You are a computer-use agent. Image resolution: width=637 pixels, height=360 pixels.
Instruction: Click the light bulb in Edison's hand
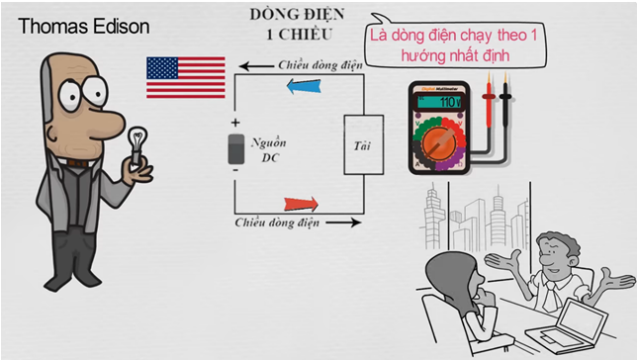point(136,144)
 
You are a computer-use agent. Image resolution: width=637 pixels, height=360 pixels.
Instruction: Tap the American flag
point(186,77)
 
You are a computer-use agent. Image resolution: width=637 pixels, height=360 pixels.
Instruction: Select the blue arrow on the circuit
point(304,86)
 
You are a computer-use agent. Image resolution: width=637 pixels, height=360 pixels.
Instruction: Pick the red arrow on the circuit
point(301,204)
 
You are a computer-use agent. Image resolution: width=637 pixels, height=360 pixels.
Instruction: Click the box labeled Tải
point(364,145)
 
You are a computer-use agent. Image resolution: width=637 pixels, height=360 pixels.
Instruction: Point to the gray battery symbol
point(236,149)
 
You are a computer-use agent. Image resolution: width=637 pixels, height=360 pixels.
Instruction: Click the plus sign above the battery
point(235,123)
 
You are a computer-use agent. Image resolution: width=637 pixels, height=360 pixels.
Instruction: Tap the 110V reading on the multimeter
point(450,102)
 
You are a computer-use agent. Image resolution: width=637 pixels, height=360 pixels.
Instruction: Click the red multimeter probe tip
point(489,77)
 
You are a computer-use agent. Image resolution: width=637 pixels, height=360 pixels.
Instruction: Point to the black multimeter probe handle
point(505,105)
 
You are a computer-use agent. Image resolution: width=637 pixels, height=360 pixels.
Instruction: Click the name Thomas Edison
point(84,27)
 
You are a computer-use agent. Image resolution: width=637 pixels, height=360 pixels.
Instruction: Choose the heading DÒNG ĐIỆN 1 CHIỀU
point(298,24)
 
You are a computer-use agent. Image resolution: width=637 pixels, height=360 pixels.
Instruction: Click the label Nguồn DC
point(268,150)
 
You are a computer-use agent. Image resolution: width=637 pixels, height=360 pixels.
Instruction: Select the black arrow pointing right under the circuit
point(343,223)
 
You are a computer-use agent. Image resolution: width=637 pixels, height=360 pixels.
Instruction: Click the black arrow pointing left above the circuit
point(256,66)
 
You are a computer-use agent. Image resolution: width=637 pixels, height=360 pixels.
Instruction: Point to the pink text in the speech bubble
point(454,45)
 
